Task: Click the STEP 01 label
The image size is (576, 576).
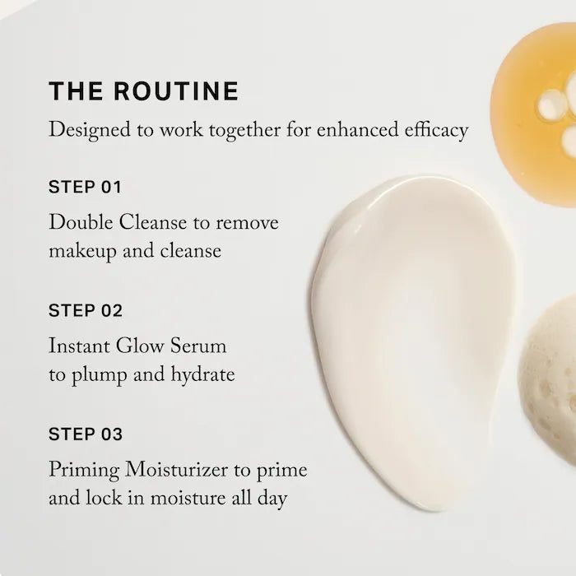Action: tap(85, 187)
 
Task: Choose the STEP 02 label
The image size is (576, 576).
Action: tap(86, 310)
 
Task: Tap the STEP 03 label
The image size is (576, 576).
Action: tap(86, 434)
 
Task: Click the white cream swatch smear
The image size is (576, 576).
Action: tap(411, 329)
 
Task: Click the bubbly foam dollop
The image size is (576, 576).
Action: tap(549, 370)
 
